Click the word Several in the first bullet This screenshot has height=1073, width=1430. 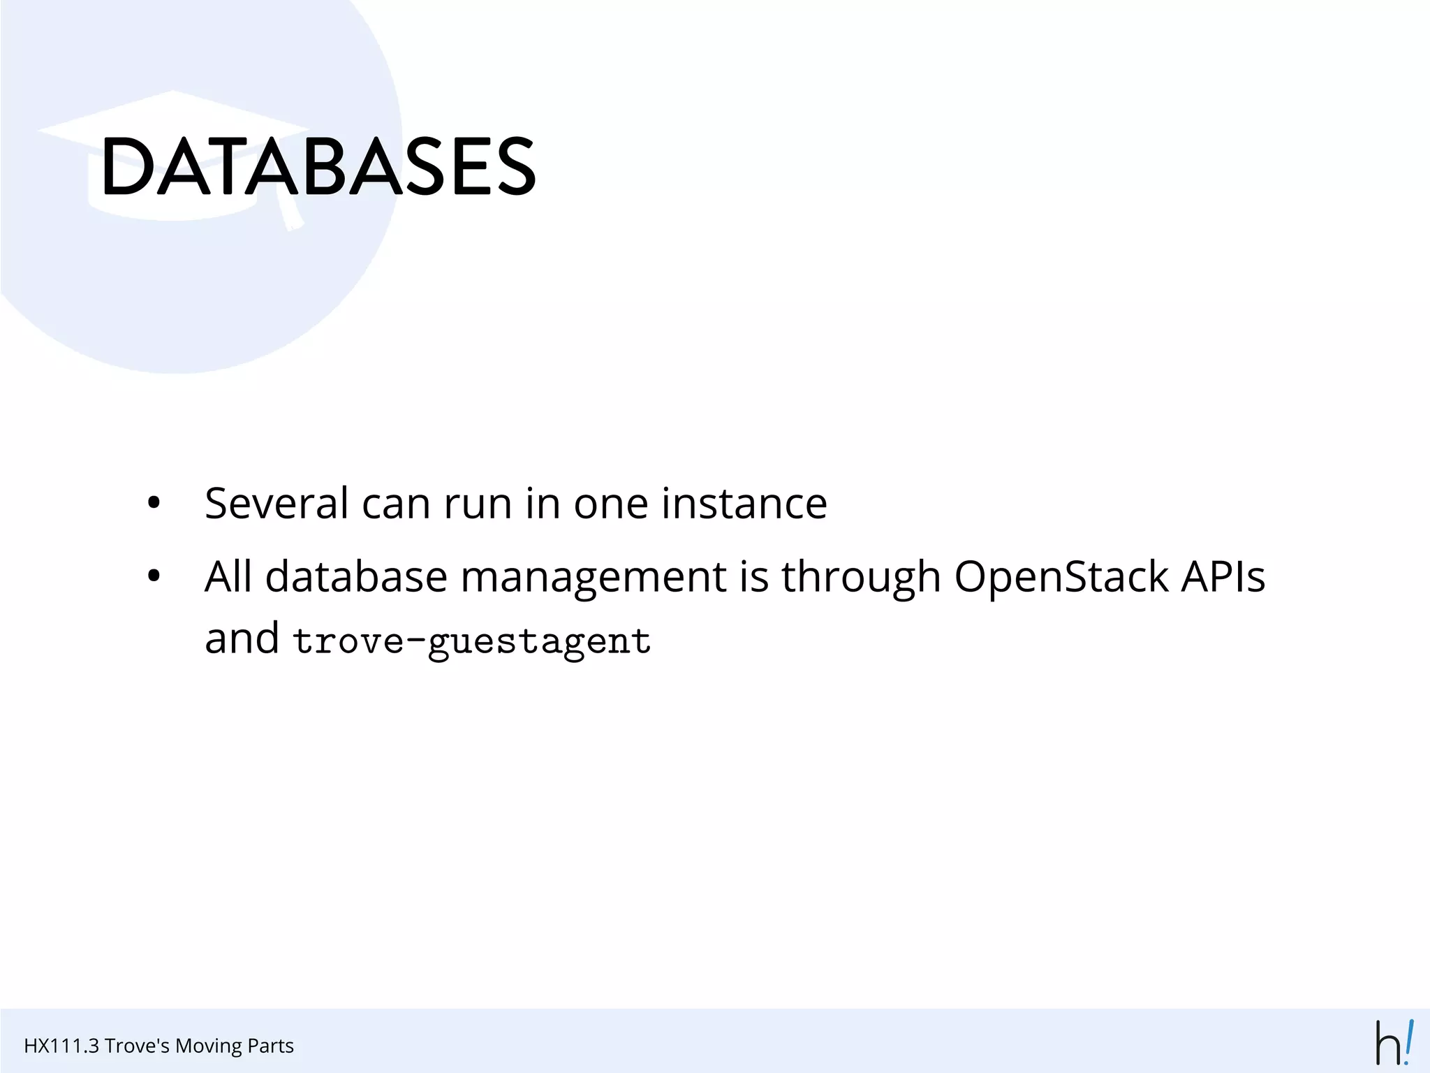click(x=277, y=503)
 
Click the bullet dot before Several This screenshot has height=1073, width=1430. click(x=154, y=503)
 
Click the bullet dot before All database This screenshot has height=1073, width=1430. click(x=154, y=577)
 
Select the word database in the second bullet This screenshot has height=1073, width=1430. click(x=356, y=577)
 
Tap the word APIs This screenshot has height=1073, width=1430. click(x=1223, y=577)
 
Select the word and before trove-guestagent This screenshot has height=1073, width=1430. click(x=242, y=638)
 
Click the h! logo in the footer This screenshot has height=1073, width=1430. click(x=1394, y=1043)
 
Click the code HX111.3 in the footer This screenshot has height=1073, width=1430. click(x=61, y=1046)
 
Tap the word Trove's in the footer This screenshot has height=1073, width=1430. click(x=137, y=1046)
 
